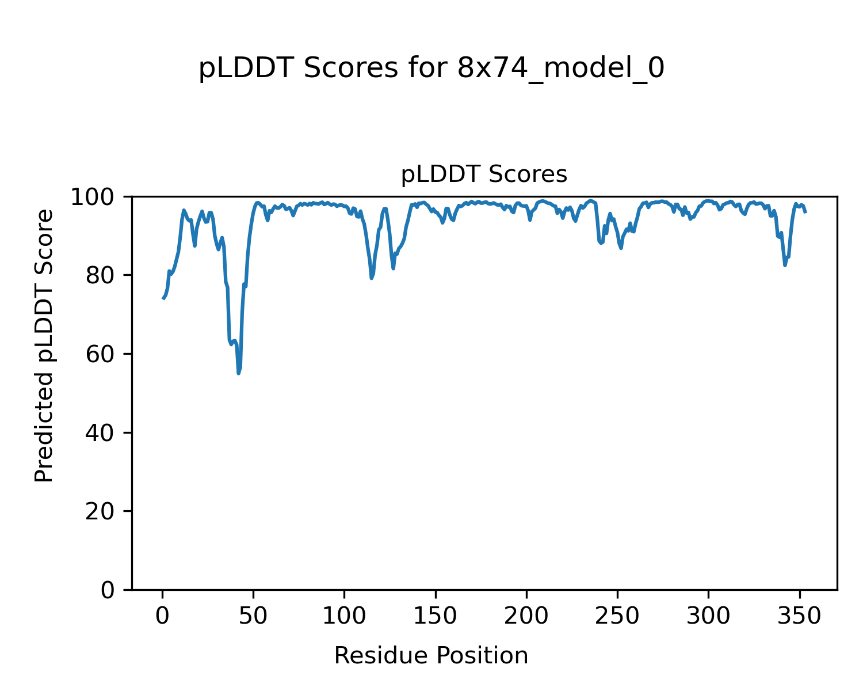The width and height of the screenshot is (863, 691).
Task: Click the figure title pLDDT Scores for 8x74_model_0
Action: click(431, 69)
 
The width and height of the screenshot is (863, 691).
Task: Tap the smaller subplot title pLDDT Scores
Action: click(484, 174)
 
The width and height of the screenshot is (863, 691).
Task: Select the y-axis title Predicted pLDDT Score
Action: click(44, 345)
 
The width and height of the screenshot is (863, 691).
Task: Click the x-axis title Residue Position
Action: click(431, 655)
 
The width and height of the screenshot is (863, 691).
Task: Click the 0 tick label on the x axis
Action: click(162, 616)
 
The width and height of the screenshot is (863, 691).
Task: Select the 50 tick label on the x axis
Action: click(253, 616)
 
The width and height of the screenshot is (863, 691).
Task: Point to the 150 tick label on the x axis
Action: click(435, 616)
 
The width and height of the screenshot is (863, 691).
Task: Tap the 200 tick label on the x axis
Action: click(526, 616)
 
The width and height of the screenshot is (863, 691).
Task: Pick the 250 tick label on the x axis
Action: click(617, 616)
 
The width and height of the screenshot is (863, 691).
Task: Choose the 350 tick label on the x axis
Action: click(799, 616)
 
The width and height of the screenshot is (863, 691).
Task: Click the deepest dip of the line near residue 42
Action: click(239, 373)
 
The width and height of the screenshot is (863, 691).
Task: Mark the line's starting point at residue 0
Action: click(163, 298)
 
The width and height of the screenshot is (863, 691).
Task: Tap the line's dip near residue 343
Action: click(785, 265)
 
